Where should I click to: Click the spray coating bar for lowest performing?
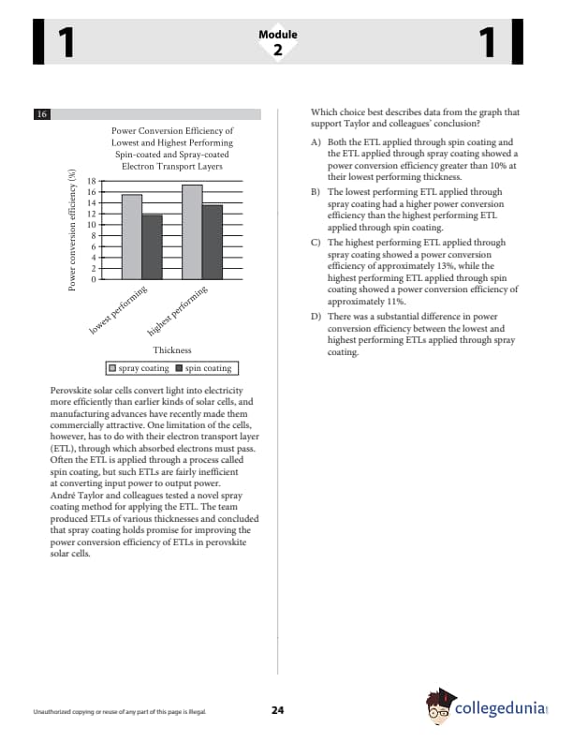coord(132,237)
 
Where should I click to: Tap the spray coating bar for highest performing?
coord(192,232)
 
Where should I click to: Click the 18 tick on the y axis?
coord(91,181)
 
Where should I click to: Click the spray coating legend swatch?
coord(113,368)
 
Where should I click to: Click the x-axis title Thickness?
coord(171,349)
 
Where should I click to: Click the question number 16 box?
coord(41,114)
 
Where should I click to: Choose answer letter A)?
coord(316,141)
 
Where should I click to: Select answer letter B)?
coord(316,190)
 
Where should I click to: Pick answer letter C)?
coord(316,242)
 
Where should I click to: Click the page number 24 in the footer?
coord(277,710)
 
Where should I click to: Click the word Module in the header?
coord(277,35)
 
